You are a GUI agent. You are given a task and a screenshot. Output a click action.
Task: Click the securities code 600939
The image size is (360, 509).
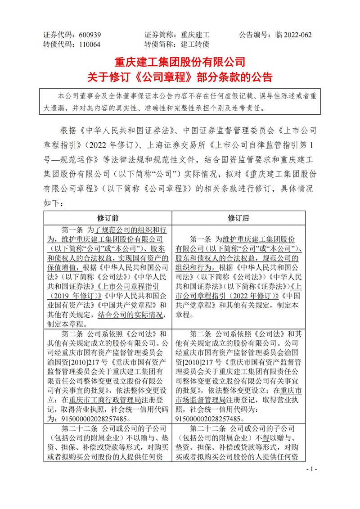(x=90, y=35)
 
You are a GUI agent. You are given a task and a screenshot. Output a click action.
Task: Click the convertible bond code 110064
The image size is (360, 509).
(x=90, y=44)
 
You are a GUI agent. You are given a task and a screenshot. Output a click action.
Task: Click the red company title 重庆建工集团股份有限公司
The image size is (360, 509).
(x=180, y=61)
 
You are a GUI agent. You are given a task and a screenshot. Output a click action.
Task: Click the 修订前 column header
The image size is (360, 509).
(x=108, y=218)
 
